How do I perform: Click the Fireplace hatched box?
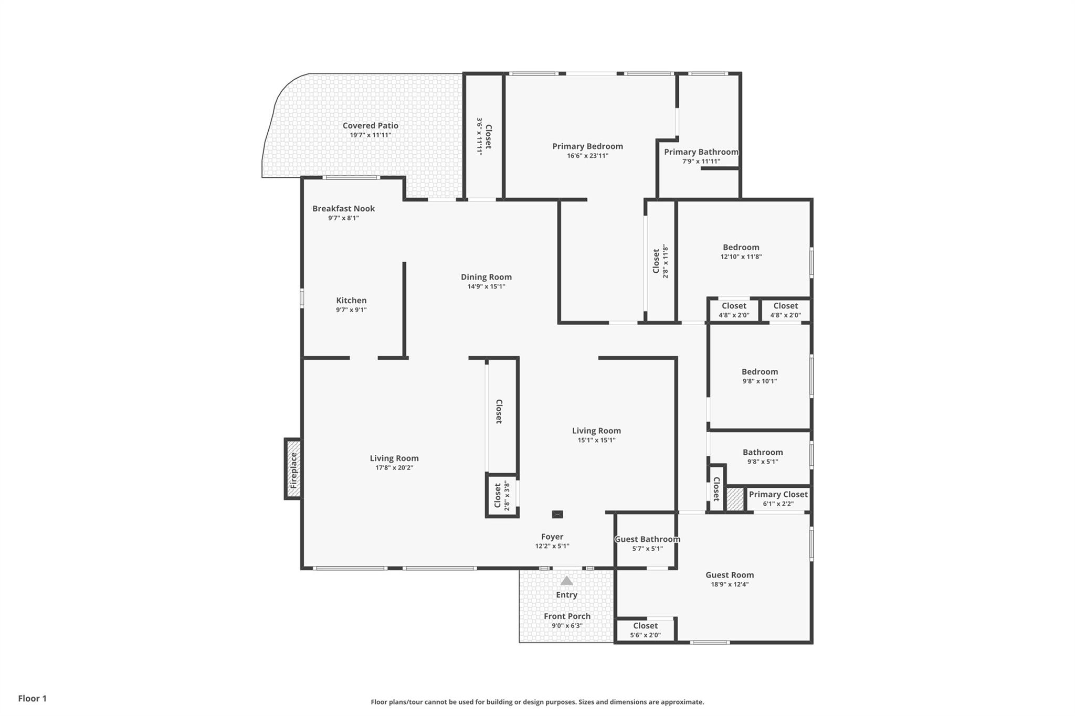(x=293, y=469)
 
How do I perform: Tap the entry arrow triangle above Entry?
(x=566, y=581)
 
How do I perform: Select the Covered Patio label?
(x=370, y=125)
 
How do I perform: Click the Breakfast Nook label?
(x=343, y=208)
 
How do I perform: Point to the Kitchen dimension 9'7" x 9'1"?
(x=351, y=310)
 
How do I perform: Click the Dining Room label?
(x=486, y=277)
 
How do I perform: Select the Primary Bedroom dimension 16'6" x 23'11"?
(x=587, y=156)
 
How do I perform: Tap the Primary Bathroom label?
(x=701, y=152)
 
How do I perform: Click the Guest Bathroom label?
(x=647, y=539)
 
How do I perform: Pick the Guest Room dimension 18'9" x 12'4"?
(x=729, y=584)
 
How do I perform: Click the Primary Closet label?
(x=778, y=494)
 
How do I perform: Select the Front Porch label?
(x=567, y=616)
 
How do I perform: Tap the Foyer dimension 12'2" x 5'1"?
(x=552, y=546)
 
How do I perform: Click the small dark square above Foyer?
(x=557, y=515)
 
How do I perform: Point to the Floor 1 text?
(x=33, y=698)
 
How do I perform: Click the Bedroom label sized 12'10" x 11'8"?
(x=741, y=247)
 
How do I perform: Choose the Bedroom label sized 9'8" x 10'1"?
(x=760, y=371)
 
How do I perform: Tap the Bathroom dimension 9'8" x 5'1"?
(x=762, y=462)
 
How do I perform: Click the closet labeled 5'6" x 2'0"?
(x=645, y=630)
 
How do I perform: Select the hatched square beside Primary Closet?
(x=735, y=499)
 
